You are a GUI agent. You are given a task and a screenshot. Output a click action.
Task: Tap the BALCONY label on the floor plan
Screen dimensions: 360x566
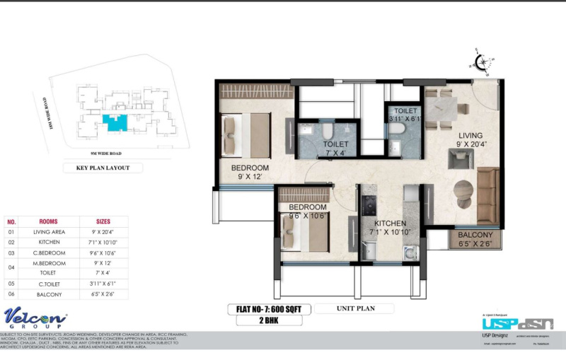pyautogui.click(x=475, y=235)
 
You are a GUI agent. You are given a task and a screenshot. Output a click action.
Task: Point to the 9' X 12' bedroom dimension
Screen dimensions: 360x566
pyautogui.click(x=250, y=178)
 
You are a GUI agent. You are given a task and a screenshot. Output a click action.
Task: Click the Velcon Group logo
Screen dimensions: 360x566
pyautogui.click(x=35, y=318)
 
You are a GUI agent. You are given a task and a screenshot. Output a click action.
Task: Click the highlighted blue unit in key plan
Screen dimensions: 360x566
pyautogui.click(x=114, y=122)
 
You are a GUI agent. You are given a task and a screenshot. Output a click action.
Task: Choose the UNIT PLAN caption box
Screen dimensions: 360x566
pyautogui.click(x=354, y=308)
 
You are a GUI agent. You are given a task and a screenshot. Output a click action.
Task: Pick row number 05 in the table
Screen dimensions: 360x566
pyautogui.click(x=11, y=284)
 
